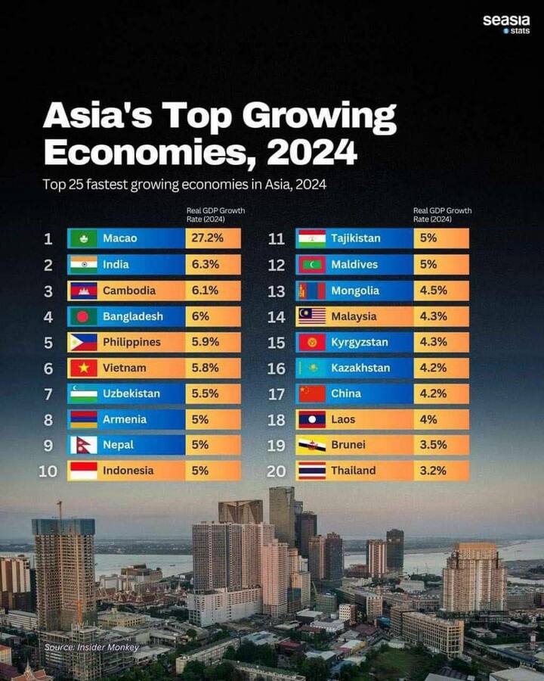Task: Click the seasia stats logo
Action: pyautogui.click(x=506, y=24)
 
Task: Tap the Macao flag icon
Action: pyautogui.click(x=83, y=238)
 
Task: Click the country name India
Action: pyautogui.click(x=116, y=264)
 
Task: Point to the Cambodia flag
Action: pyautogui.click(x=83, y=291)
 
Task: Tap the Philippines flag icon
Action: pyautogui.click(x=83, y=342)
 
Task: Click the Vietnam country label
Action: pyautogui.click(x=124, y=368)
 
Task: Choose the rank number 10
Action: pyautogui.click(x=48, y=471)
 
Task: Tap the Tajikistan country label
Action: pyautogui.click(x=355, y=238)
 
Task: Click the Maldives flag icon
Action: pyautogui.click(x=311, y=264)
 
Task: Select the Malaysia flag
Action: pyautogui.click(x=311, y=316)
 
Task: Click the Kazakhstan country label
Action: pyautogui.click(x=360, y=368)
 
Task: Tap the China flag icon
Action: pyautogui.click(x=311, y=393)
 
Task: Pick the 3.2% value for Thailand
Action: pyautogui.click(x=433, y=471)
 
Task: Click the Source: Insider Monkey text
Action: pyautogui.click(x=91, y=647)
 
